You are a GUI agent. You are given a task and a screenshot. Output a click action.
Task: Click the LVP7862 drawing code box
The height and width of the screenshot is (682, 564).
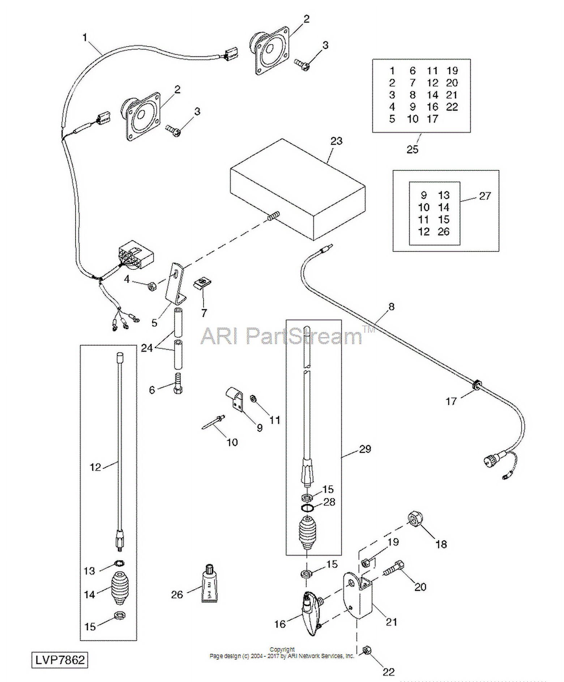pos(60,660)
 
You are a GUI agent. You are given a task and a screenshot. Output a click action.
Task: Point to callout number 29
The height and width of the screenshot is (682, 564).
pos(365,449)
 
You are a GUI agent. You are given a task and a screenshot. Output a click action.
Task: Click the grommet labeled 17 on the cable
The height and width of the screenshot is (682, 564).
pos(476,385)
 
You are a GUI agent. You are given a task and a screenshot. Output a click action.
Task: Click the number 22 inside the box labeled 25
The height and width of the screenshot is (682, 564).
pos(452,107)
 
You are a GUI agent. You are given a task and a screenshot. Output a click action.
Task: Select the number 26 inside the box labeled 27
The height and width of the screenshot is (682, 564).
pos(444,231)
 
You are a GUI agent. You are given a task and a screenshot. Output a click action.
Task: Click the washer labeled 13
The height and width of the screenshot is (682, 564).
pos(119,563)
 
